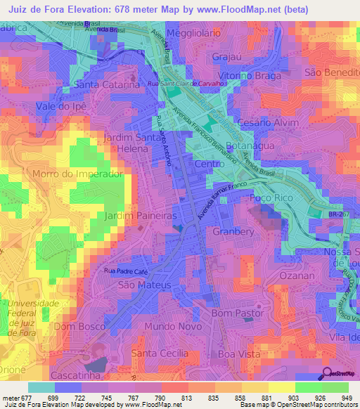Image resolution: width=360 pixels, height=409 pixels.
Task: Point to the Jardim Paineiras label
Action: point(141,216)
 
